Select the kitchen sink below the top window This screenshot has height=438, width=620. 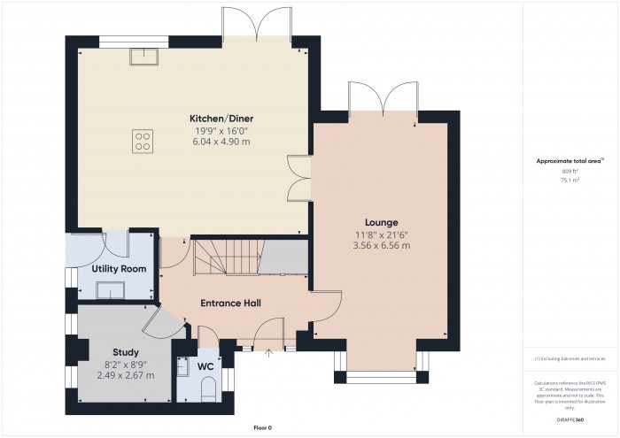pyautogui.click(x=142, y=57)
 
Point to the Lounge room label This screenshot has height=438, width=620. pyautogui.click(x=381, y=222)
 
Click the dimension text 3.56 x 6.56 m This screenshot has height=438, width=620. pyautogui.click(x=381, y=245)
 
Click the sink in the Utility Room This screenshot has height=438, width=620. pyautogui.click(x=112, y=289)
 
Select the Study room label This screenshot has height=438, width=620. pyautogui.click(x=126, y=351)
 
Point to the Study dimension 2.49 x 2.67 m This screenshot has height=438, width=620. pyautogui.click(x=126, y=375)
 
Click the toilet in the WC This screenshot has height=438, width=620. pyautogui.click(x=209, y=388)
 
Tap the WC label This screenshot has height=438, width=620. pyautogui.click(x=205, y=365)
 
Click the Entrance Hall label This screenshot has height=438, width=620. pyautogui.click(x=230, y=304)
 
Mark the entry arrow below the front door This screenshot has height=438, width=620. pyautogui.click(x=270, y=353)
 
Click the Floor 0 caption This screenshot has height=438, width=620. pyautogui.click(x=262, y=427)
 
